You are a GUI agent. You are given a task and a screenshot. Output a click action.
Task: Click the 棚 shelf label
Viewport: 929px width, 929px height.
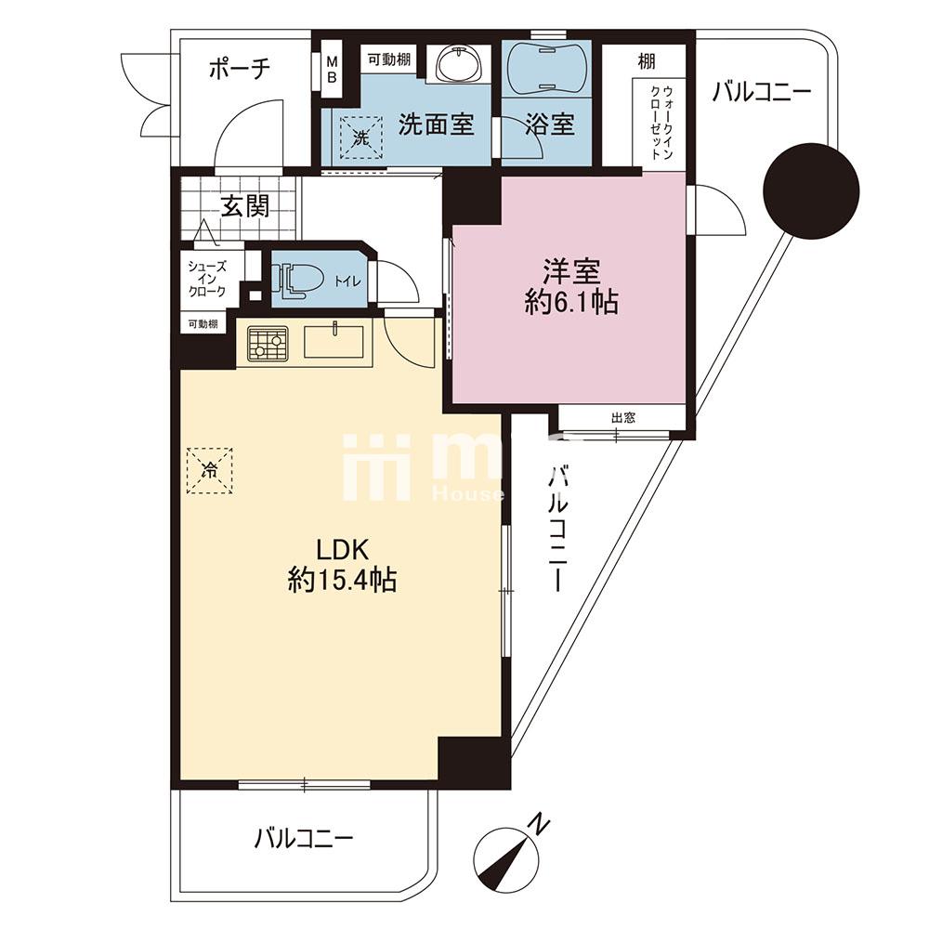coord(647,62)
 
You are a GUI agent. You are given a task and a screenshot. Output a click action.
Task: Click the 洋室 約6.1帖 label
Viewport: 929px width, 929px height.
coord(570,286)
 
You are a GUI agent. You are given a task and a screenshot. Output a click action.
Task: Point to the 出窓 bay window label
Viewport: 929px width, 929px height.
coord(623,418)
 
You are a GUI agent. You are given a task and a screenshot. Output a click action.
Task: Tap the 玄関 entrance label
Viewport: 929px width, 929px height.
coord(245,206)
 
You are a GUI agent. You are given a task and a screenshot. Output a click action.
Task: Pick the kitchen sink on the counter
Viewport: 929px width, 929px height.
coord(335,342)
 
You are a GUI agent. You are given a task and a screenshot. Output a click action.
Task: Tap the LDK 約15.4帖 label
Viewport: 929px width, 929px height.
coord(342,564)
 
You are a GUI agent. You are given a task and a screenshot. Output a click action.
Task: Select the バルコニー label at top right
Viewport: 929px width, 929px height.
coord(762,93)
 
